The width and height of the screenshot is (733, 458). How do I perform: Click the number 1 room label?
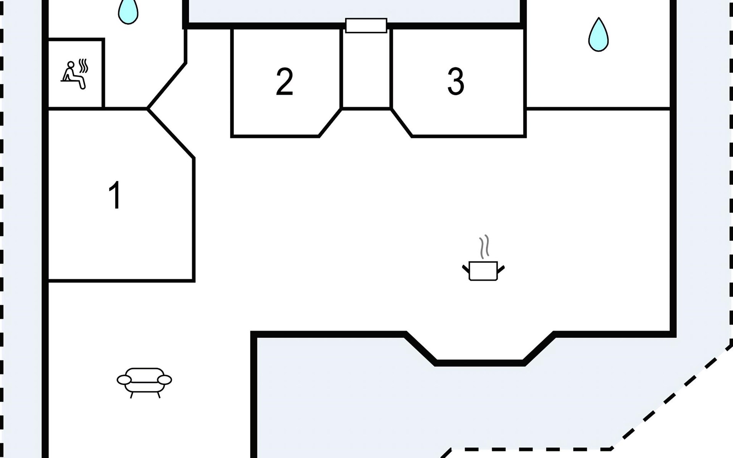click(x=115, y=195)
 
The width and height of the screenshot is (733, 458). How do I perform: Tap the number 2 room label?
click(x=284, y=81)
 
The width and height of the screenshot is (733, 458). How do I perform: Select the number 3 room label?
click(x=455, y=81)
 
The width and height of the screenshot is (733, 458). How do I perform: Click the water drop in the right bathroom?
click(x=598, y=35)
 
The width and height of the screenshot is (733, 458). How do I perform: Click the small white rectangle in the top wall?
click(x=366, y=26)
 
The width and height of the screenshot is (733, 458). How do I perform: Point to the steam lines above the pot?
click(x=484, y=247)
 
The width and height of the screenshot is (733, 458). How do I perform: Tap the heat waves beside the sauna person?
click(x=83, y=66)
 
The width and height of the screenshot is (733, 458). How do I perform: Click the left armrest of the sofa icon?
click(x=124, y=380)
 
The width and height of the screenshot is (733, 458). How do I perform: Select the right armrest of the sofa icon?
click(x=165, y=380)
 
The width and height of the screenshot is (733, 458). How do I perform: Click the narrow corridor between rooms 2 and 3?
click(x=366, y=69)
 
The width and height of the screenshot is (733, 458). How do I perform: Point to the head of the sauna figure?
click(x=71, y=65)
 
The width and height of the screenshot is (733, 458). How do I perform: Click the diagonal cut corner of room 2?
click(x=330, y=123)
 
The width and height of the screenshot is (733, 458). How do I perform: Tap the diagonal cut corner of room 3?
click(x=402, y=123)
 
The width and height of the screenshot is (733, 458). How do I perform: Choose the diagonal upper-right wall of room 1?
click(x=171, y=133)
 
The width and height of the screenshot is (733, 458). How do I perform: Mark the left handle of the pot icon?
click(x=466, y=269)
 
